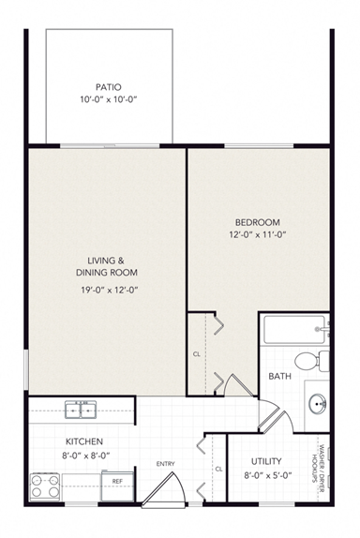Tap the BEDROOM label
[257, 221]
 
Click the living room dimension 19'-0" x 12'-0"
[108, 290]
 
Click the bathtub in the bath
[293, 330]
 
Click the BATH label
[278, 377]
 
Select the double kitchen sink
[81, 409]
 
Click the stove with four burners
[44, 485]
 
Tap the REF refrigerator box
[117, 481]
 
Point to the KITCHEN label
[84, 441]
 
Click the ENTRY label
[166, 463]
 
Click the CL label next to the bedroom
[196, 354]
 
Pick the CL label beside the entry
[217, 469]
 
